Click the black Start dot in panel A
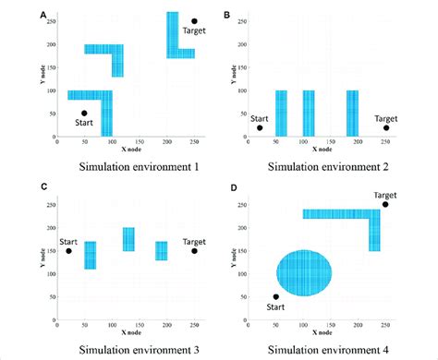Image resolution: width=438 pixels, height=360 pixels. pos(84,114)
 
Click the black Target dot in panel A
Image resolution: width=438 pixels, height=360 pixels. pos(194,21)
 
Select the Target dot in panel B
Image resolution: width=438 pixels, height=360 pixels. pos(386,128)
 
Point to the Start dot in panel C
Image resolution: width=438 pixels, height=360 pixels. pos(68,250)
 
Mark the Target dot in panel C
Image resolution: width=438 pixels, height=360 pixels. pos(194,250)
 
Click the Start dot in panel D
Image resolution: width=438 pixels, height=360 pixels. pos(275,297)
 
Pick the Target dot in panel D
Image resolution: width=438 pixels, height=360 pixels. pos(385,204)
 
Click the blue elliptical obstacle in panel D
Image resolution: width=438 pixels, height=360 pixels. pos(304,273)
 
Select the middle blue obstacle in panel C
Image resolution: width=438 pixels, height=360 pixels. pos(128,239)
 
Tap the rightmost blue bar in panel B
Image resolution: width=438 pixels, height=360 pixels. pos(352,113)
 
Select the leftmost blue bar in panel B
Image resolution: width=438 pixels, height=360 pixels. pos(281,113)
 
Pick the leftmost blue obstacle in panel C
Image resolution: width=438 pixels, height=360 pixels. pos(91,255)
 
